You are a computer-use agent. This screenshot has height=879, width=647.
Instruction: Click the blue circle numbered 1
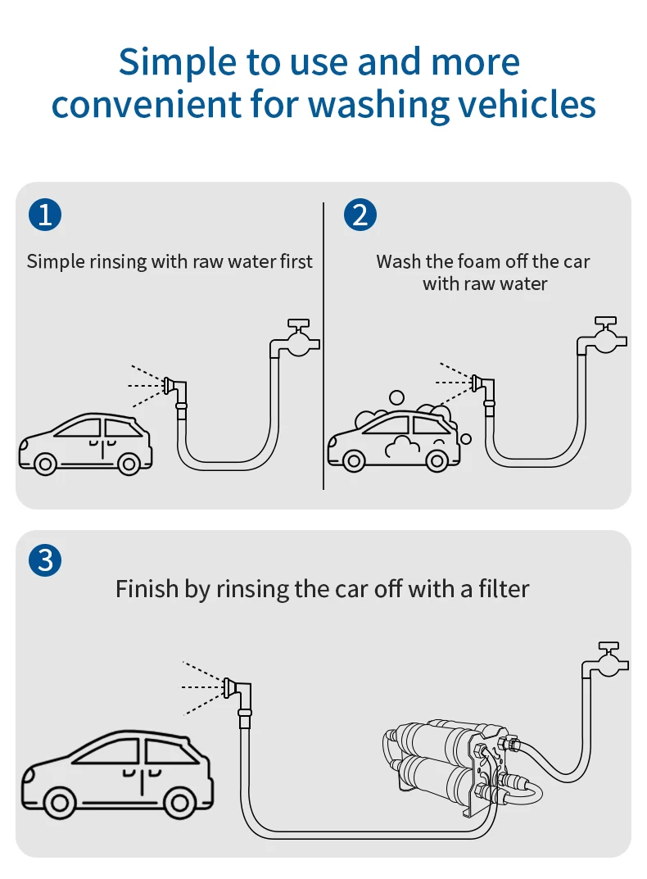tap(45, 215)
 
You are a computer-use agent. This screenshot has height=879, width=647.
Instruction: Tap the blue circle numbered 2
tap(360, 215)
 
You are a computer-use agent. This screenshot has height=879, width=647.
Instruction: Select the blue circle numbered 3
tap(45, 560)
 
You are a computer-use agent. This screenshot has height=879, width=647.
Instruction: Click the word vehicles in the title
tap(523, 104)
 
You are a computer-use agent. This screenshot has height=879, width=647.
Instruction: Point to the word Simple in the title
tap(177, 63)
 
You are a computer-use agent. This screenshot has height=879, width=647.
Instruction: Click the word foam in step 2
tap(477, 261)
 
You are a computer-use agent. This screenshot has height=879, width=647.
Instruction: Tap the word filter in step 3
tap(504, 589)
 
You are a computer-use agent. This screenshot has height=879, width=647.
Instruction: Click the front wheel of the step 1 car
tap(45, 464)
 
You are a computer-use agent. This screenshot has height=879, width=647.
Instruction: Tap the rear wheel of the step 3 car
tap(179, 803)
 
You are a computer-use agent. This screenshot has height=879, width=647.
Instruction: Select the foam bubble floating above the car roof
tap(396, 397)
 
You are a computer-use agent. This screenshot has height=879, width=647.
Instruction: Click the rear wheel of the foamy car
tap(437, 461)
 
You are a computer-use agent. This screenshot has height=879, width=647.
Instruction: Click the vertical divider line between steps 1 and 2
tap(323, 346)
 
